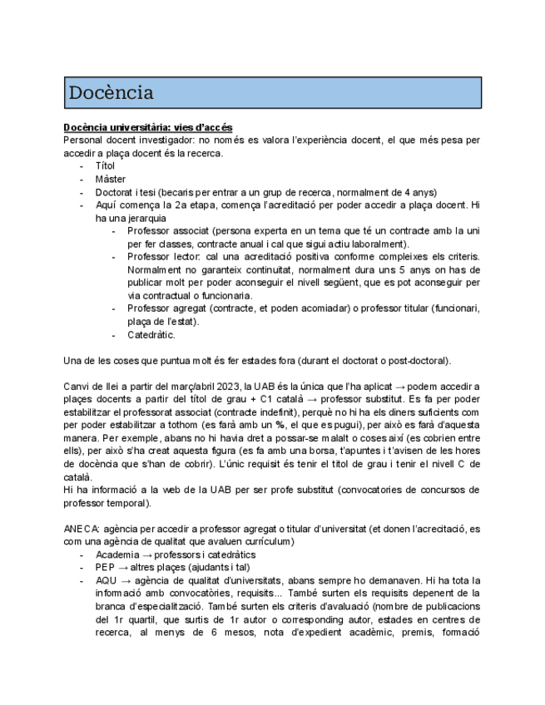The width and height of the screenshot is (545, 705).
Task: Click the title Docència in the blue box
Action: pos(111,92)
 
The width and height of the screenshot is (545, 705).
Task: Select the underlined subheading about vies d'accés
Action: pos(147,127)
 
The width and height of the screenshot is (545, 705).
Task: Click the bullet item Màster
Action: pos(111,179)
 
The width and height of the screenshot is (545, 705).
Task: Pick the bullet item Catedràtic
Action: pos(151,335)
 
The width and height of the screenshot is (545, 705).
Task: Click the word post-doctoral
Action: pos(419,361)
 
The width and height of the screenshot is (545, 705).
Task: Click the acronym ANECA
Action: pos(81,529)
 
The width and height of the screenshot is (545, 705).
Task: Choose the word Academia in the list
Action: pos(119,555)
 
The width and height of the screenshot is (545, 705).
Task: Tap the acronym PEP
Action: pos(106,568)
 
